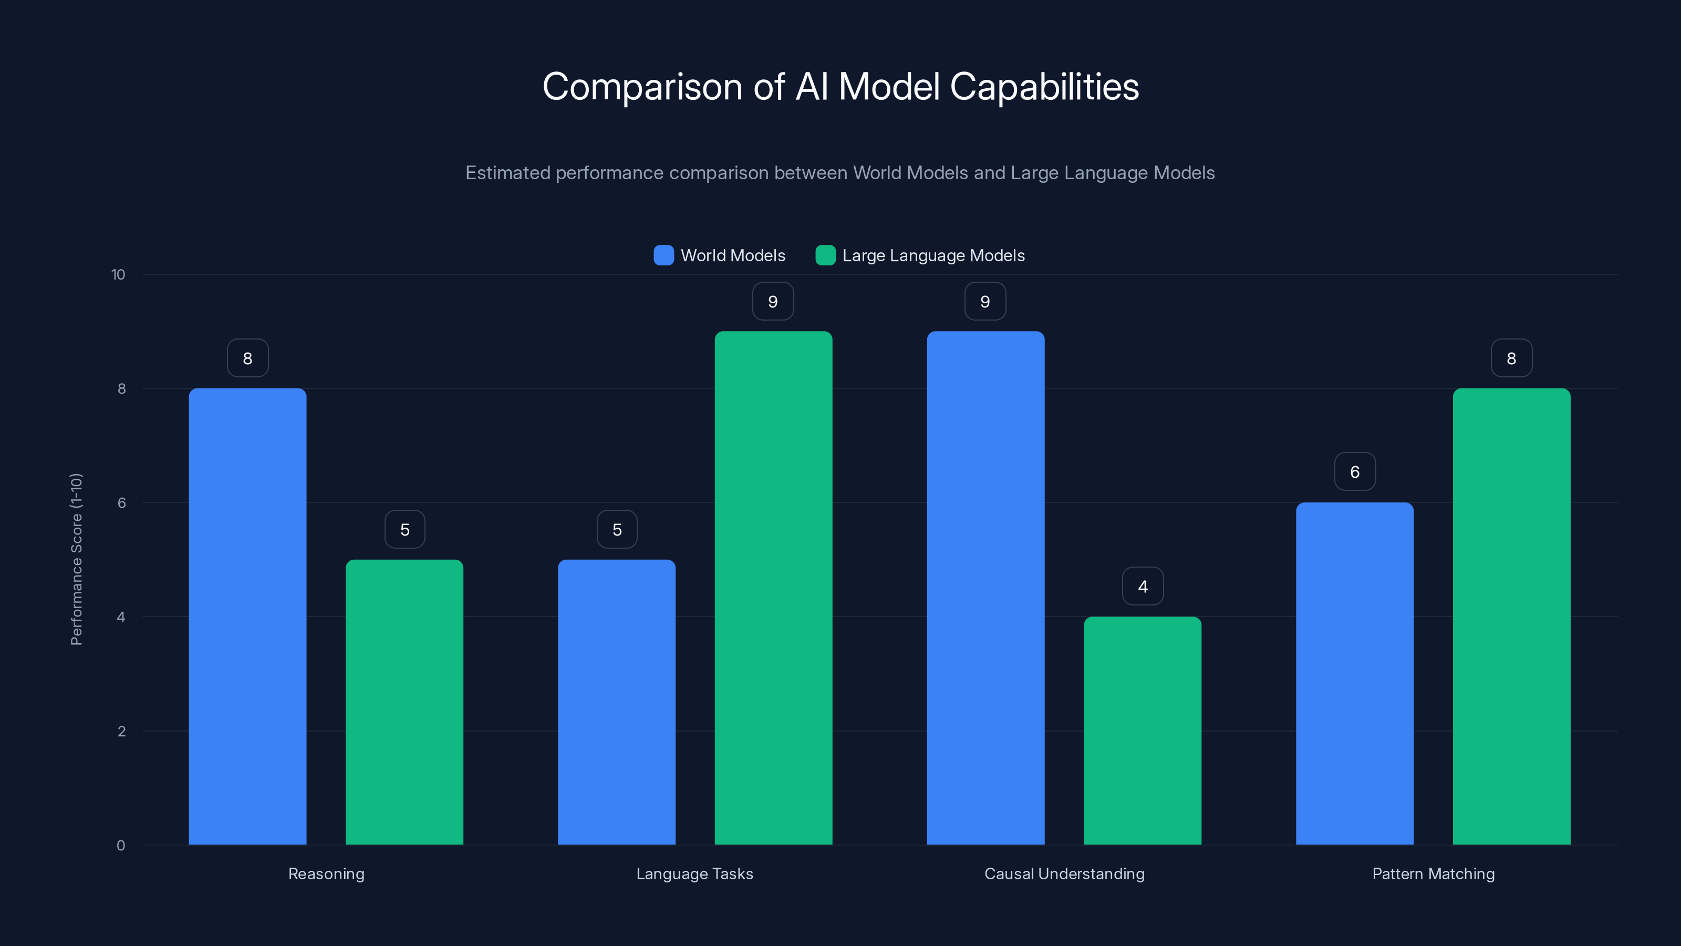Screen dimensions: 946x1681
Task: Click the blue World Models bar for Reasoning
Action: (247, 616)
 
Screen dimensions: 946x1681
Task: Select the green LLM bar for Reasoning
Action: (404, 702)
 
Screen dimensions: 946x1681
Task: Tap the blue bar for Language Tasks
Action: (616, 702)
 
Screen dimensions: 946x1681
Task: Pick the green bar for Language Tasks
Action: (773, 588)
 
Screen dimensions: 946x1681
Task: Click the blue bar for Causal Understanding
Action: (985, 588)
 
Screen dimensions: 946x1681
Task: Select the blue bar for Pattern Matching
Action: (1355, 673)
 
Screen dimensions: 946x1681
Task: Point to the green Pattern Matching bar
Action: (1511, 616)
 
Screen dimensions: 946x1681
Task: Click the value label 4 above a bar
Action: (1143, 587)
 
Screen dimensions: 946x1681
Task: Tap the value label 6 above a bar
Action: (1355, 471)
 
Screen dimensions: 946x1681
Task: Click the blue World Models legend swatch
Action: (663, 255)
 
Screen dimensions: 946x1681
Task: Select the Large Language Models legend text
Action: (933, 255)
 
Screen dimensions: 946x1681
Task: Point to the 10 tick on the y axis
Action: (118, 274)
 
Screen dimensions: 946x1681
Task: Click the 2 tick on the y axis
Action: (121, 731)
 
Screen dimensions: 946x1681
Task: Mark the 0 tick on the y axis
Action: (121, 846)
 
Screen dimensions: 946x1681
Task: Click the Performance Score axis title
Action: (76, 560)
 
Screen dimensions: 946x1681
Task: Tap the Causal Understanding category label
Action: (1064, 873)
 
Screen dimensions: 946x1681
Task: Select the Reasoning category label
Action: (326, 873)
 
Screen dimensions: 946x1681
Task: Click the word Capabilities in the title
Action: (1044, 87)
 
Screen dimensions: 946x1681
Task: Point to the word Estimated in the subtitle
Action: (507, 173)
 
